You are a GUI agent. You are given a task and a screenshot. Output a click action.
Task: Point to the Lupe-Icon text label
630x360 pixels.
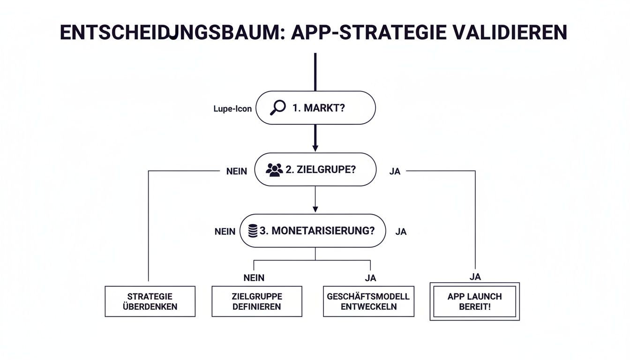click(x=232, y=109)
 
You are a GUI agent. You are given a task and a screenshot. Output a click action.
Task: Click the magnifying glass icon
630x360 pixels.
click(x=277, y=108)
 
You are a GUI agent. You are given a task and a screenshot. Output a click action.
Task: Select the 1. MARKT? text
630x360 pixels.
click(x=319, y=108)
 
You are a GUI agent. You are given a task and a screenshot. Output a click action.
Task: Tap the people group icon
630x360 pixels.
click(x=274, y=170)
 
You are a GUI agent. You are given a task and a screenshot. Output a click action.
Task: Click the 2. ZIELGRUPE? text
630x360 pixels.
click(x=320, y=170)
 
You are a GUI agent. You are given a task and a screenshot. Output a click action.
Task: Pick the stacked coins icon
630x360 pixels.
click(x=253, y=231)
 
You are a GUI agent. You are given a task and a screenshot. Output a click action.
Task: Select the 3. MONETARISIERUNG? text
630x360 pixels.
click(x=316, y=231)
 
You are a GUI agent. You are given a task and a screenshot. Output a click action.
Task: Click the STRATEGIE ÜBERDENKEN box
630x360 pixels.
click(x=150, y=301)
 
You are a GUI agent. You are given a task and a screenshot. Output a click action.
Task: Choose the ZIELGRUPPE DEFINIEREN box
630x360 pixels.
click(x=256, y=301)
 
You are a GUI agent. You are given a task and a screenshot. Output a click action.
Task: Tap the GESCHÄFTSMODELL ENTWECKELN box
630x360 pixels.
click(x=368, y=301)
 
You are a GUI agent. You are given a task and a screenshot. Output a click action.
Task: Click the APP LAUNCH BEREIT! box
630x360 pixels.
click(x=474, y=301)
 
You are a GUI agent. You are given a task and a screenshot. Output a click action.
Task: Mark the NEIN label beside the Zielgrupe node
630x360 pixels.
click(x=236, y=172)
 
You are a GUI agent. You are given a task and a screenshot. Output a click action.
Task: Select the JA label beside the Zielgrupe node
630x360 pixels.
click(x=395, y=172)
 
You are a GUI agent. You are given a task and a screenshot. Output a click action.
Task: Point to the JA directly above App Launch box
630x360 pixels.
click(x=475, y=277)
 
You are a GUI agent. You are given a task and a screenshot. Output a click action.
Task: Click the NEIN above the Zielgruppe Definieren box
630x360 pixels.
click(x=254, y=278)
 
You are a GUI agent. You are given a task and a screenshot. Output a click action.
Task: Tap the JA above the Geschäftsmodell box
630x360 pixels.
click(x=370, y=278)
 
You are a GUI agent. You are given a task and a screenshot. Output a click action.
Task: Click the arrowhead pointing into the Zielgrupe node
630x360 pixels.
click(x=315, y=148)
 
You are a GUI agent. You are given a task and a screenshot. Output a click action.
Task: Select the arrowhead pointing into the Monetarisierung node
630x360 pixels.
click(x=315, y=209)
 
